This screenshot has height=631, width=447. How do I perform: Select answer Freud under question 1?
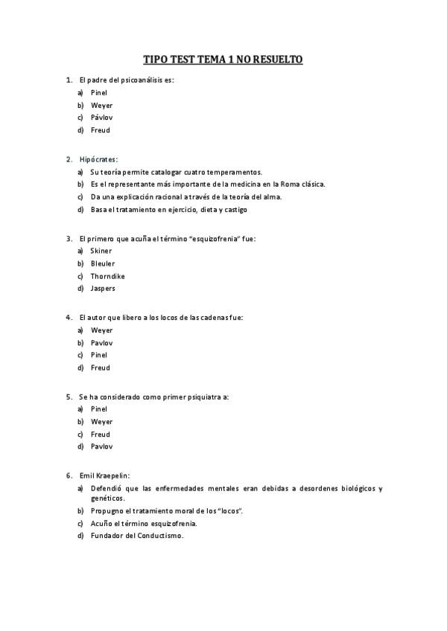[x=101, y=130]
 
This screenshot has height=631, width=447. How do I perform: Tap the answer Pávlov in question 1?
[x=102, y=118]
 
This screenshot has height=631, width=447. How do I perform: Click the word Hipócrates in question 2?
[x=98, y=159]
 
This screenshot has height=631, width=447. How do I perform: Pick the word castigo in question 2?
[x=234, y=209]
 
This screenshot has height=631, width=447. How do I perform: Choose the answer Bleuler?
[x=103, y=263]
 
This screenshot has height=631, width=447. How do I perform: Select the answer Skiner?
[x=101, y=251]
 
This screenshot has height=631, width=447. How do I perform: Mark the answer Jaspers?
[x=103, y=288]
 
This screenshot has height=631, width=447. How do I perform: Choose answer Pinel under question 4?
[x=99, y=355]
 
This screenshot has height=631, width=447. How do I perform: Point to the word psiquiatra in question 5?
[x=203, y=397]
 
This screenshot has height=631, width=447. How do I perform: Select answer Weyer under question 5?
[x=102, y=421]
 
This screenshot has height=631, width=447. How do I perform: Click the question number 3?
[x=69, y=239]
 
